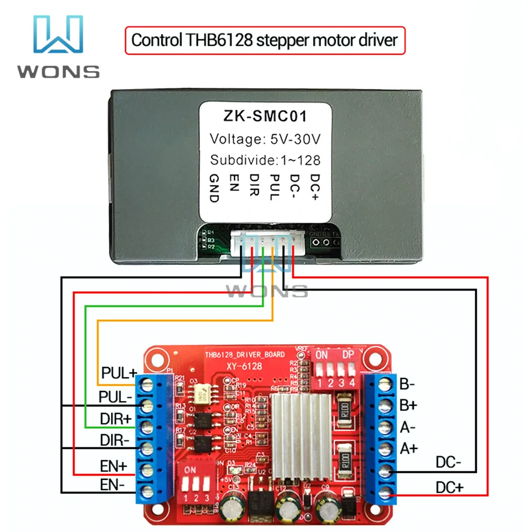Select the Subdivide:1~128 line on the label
pos(264,160)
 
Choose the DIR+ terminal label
pos(115,419)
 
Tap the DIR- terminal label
pos(115,440)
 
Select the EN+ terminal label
pos(113,467)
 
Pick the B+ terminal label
pos(408,405)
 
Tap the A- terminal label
pos(408,427)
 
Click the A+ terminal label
pos(409,448)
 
